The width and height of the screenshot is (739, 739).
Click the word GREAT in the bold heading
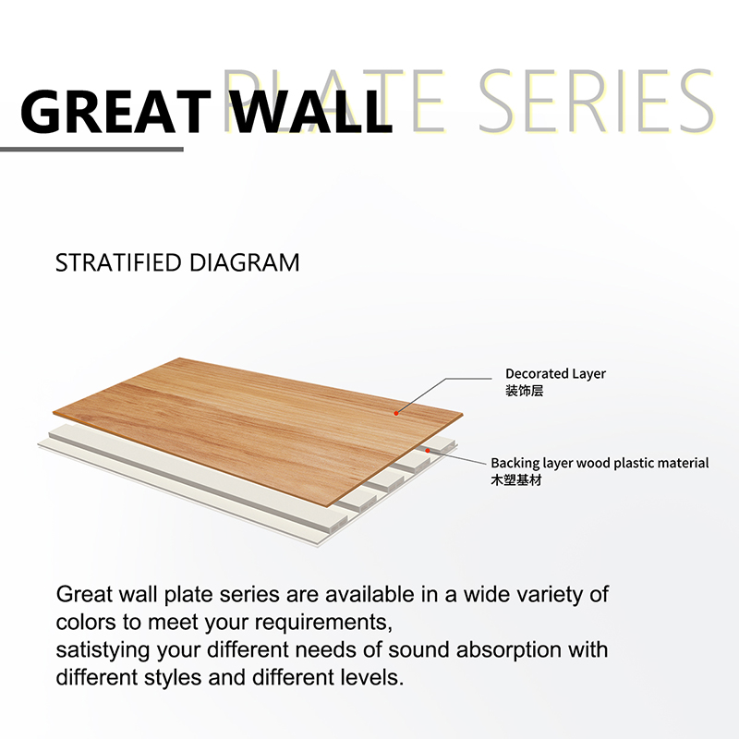tap(116, 112)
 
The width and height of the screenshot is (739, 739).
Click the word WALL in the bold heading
tap(312, 112)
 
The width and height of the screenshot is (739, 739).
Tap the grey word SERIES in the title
tap(597, 101)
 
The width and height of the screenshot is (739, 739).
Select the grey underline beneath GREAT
tap(91, 150)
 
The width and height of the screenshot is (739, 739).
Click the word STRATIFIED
tap(118, 262)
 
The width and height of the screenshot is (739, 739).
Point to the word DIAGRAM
tap(244, 262)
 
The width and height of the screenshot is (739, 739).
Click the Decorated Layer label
tap(555, 374)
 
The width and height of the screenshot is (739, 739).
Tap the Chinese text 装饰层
tap(524, 391)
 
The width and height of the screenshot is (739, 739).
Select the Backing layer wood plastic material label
tap(600, 464)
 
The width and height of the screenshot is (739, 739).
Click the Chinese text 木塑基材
tap(516, 480)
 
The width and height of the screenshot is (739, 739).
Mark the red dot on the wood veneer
tap(396, 413)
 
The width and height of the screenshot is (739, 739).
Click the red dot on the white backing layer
tap(428, 451)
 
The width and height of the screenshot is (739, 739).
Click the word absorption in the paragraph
tap(509, 650)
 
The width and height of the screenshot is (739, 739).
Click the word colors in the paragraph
tap(86, 623)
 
